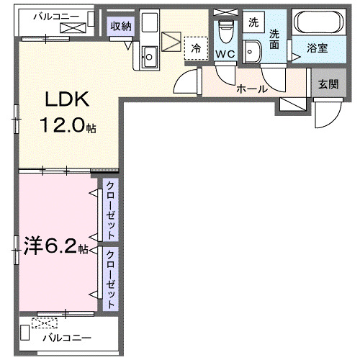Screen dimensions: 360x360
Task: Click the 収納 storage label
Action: (x=120, y=27)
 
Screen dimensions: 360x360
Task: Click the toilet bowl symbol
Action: (x=225, y=32)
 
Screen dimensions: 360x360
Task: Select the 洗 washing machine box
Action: (x=252, y=22)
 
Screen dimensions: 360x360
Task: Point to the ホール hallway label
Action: (x=252, y=89)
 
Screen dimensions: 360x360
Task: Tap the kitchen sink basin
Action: (x=150, y=55)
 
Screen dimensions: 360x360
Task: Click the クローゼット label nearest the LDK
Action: (x=110, y=210)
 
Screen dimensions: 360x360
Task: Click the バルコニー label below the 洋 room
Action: (x=66, y=337)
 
